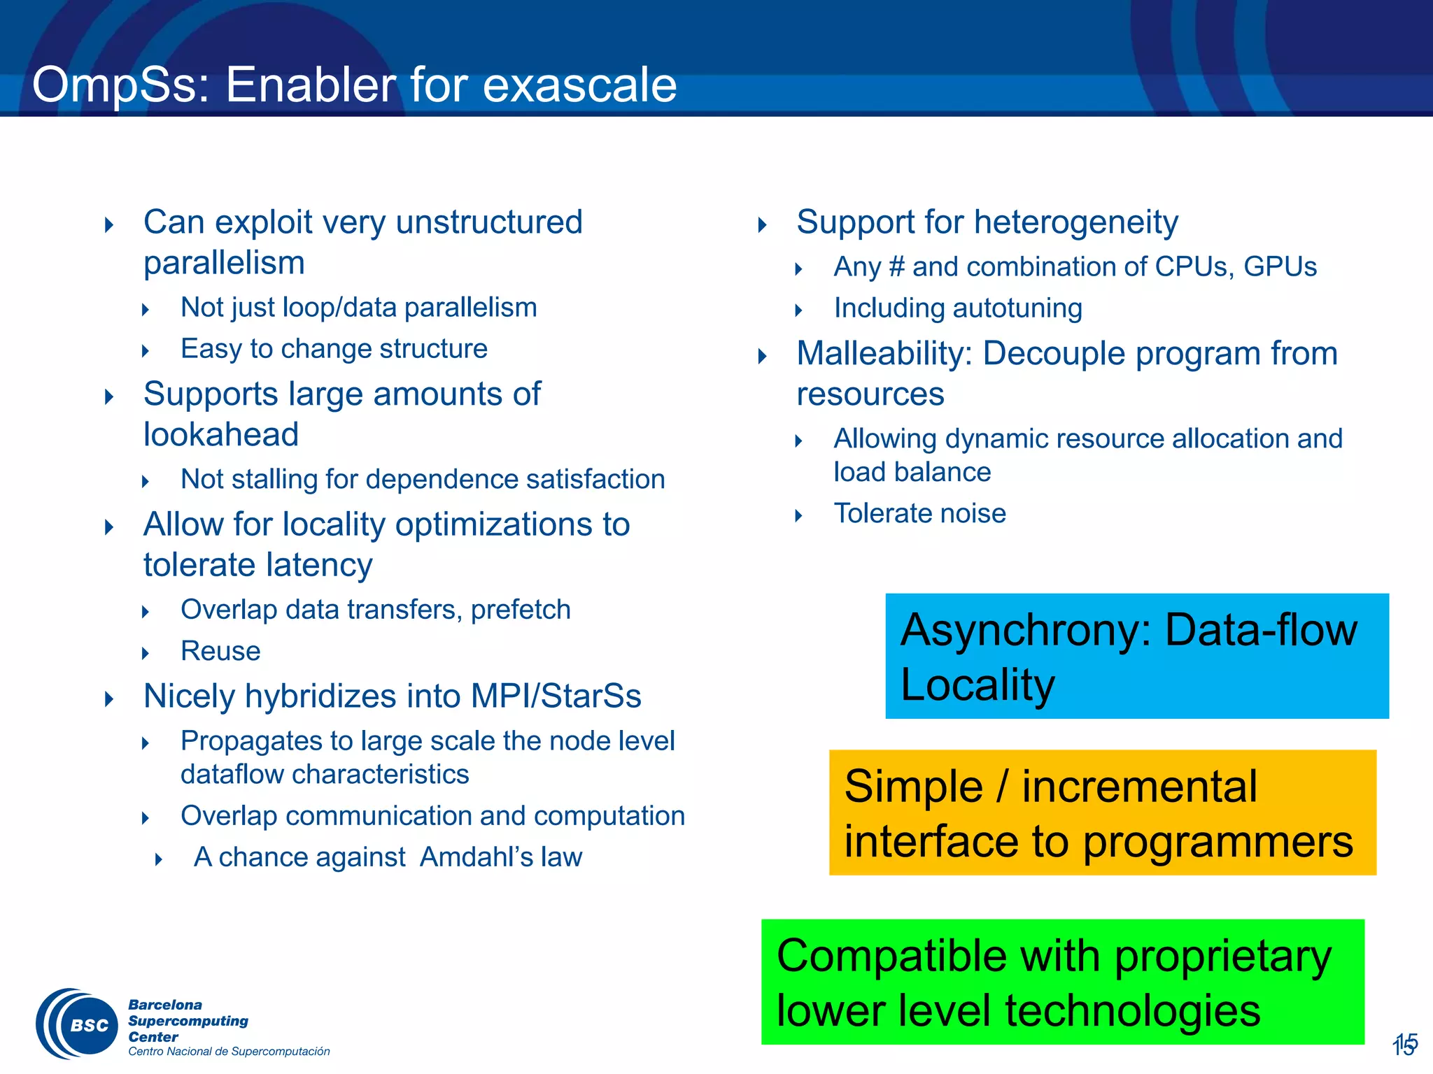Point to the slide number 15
click(1404, 1044)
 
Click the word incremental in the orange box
click(1139, 787)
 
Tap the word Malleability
click(884, 354)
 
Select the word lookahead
click(221, 435)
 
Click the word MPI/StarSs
click(556, 696)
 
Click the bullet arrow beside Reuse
click(146, 653)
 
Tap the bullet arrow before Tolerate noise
click(799, 516)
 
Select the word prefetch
click(521, 610)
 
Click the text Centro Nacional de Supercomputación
click(229, 1052)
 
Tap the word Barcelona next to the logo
click(165, 1005)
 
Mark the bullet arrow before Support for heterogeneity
click(763, 225)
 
